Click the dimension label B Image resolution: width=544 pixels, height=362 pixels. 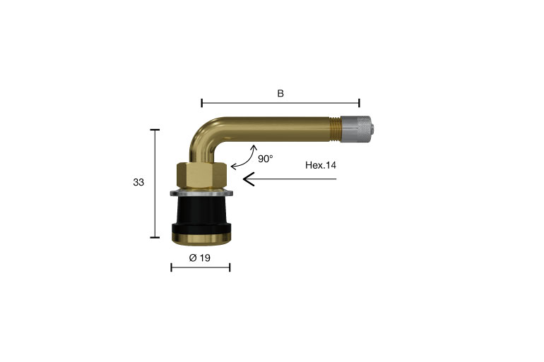pyautogui.click(x=280, y=92)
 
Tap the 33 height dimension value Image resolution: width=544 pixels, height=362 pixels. pyautogui.click(x=138, y=182)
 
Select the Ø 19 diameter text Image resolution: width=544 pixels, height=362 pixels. pyautogui.click(x=200, y=258)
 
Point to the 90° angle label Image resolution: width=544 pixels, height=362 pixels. pyautogui.click(x=265, y=159)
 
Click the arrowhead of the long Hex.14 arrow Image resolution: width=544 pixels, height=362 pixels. pyautogui.click(x=247, y=179)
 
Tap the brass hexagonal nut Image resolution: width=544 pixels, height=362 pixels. pyautogui.click(x=201, y=175)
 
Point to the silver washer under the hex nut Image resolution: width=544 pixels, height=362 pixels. pyautogui.click(x=201, y=193)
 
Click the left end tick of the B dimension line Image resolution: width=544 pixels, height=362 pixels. pyautogui.click(x=202, y=103)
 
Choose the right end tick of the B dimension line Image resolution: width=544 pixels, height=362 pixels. pyautogui.click(x=360, y=103)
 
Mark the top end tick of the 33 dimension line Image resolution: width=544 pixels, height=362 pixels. pyautogui.click(x=155, y=130)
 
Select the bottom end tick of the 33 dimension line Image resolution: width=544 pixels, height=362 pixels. pyautogui.click(x=155, y=238)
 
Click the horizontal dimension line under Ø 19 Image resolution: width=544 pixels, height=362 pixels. pyautogui.click(x=201, y=267)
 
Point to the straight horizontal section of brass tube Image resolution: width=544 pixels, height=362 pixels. pyautogui.click(x=276, y=128)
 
